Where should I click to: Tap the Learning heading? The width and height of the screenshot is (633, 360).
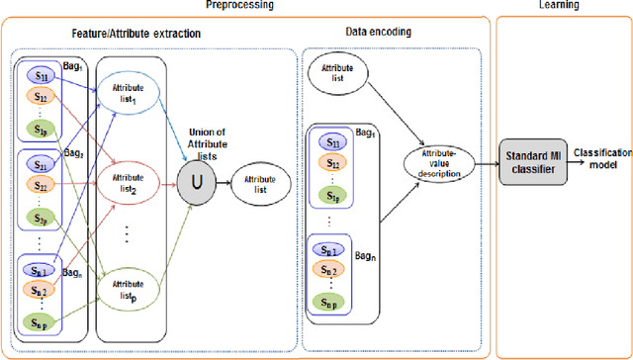coord(562,6)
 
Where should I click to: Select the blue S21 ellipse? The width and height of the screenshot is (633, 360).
coord(40,164)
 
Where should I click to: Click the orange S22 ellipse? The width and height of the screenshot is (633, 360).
coord(40,186)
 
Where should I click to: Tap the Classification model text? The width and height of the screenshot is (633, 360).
coord(600,157)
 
